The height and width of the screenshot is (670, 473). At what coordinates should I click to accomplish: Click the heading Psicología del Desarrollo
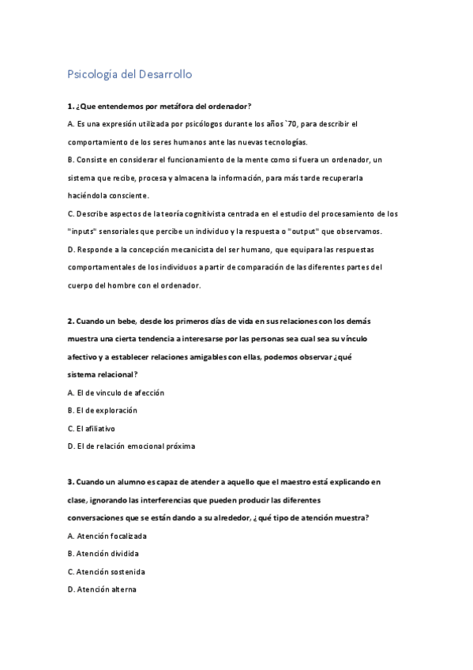pos(130,75)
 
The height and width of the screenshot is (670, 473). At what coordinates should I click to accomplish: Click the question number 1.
pos(70,106)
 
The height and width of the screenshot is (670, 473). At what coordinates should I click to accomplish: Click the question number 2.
pos(70,322)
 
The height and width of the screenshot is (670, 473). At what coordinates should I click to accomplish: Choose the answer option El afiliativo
pos(92,428)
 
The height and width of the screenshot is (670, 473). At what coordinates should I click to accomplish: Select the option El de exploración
pos(103,410)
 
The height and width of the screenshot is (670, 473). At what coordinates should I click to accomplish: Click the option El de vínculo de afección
pos(116,393)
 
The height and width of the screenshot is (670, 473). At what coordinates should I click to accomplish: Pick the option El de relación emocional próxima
pos(131,446)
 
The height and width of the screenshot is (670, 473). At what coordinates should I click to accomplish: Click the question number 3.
pos(70,481)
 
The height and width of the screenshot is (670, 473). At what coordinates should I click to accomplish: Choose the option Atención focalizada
pos(107,536)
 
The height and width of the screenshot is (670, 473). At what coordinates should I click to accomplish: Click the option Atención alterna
pos(102,589)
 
